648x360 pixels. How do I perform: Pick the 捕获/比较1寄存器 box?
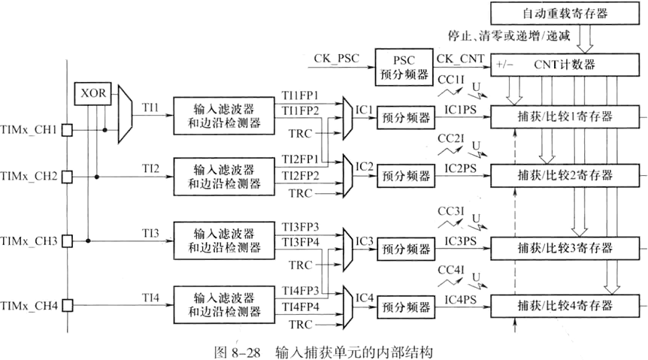566,116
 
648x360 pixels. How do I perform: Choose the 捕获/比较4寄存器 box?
566,306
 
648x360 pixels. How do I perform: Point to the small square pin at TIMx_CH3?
67,241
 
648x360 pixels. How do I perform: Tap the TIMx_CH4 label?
30,306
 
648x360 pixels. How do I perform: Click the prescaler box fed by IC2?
404,177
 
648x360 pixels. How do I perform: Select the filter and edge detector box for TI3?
219,240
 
